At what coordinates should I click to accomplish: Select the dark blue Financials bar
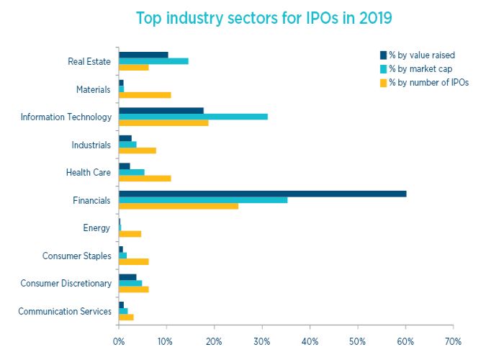click(x=262, y=193)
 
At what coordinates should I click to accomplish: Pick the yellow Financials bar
click(x=179, y=206)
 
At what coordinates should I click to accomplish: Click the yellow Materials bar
click(x=145, y=95)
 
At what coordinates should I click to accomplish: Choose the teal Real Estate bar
click(x=153, y=61)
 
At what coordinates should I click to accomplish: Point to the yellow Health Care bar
click(x=145, y=178)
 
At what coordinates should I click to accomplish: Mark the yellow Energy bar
click(x=130, y=234)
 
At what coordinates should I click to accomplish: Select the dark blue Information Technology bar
click(x=161, y=110)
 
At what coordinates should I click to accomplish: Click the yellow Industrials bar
click(x=138, y=150)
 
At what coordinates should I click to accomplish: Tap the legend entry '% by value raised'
click(x=421, y=55)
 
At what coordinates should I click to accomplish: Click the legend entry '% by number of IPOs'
click(x=428, y=82)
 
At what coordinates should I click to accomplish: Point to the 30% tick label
click(x=262, y=341)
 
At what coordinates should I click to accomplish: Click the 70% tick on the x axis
click(x=453, y=341)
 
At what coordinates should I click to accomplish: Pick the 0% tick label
click(x=119, y=341)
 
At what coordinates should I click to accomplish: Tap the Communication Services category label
click(x=65, y=311)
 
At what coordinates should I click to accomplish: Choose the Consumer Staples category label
click(x=77, y=256)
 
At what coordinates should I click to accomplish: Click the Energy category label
click(x=97, y=228)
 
